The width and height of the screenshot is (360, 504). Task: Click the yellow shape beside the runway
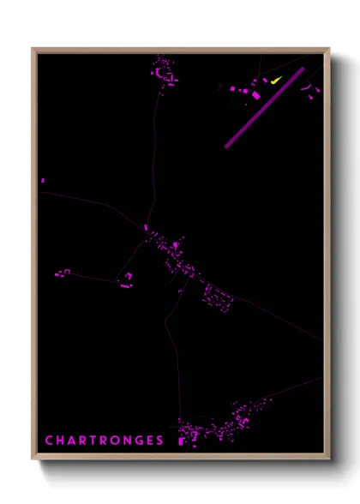[276, 81]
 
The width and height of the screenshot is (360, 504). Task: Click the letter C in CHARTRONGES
[49, 441]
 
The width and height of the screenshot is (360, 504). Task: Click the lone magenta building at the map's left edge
[43, 180]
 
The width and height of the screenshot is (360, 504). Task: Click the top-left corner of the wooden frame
[33, 49]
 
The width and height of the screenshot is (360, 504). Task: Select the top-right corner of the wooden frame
[329, 49]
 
